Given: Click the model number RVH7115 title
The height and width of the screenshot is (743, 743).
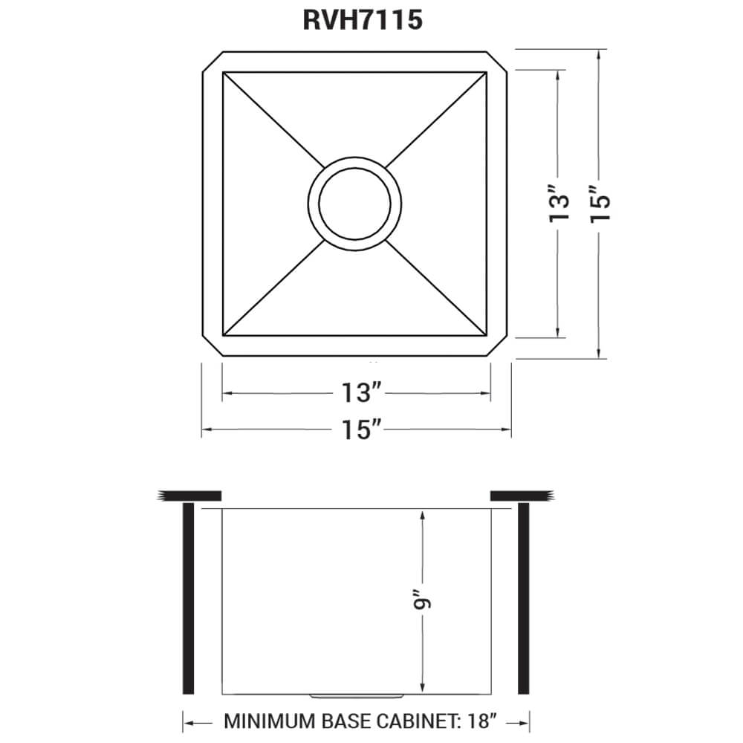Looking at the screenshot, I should [363, 19].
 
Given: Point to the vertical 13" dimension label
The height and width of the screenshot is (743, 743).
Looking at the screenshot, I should [559, 204].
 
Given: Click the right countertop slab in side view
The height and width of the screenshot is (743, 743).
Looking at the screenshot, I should [519, 496].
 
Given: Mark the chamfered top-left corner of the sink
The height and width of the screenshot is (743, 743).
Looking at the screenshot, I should [212, 62].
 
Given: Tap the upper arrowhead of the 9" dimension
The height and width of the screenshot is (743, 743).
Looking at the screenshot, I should [422, 514].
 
